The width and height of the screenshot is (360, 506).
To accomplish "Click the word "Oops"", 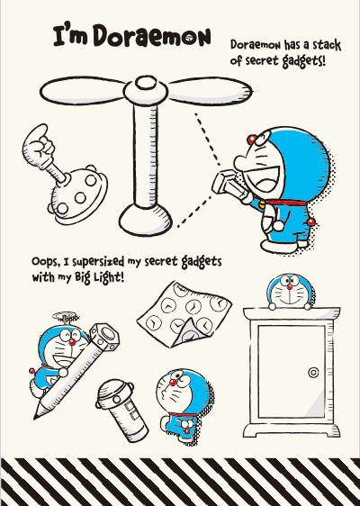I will [x=46, y=262].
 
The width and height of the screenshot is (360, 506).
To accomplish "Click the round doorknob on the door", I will [x=313, y=372].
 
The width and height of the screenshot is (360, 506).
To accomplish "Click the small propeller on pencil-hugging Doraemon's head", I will [x=66, y=317].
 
